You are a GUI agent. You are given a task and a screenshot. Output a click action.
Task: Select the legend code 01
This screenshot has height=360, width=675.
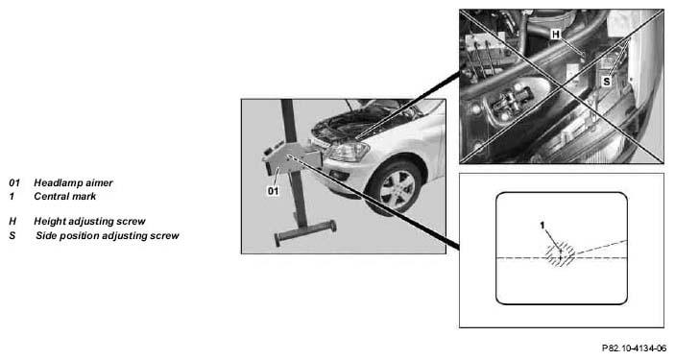coord(14,183)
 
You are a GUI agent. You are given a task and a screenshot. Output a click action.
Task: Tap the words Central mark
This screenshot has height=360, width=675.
coord(65,197)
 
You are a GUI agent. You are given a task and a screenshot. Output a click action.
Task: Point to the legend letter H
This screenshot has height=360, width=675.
coord(12,222)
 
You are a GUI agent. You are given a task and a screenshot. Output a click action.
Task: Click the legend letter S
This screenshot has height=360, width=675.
coord(12,236)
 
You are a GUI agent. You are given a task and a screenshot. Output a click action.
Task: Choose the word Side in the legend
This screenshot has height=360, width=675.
coord(45,236)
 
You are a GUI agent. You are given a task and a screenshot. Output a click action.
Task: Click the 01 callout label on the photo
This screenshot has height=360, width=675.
coord(273,191)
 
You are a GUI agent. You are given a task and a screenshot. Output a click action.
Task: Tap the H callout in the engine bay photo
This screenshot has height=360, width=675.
coord(556,34)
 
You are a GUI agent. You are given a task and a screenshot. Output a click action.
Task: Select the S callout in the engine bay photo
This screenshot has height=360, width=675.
coord(606,81)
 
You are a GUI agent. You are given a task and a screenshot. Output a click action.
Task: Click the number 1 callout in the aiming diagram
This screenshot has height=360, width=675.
coord(542,225)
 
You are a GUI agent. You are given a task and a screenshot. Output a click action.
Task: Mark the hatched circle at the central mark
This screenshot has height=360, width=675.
coord(560,255)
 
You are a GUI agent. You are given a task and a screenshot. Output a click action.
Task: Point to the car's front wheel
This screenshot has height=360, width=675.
coord(396,188)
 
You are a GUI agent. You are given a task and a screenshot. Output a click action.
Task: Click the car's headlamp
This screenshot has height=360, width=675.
coord(348,152)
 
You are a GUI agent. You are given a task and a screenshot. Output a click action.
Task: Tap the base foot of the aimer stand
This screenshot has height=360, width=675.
coord(305,233)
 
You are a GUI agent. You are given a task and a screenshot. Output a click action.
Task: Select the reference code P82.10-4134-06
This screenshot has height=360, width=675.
coord(634,348)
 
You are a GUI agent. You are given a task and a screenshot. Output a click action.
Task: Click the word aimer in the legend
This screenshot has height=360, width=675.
coord(100,183)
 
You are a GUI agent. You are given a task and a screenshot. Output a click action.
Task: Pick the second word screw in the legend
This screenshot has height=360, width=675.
coord(164,236)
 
